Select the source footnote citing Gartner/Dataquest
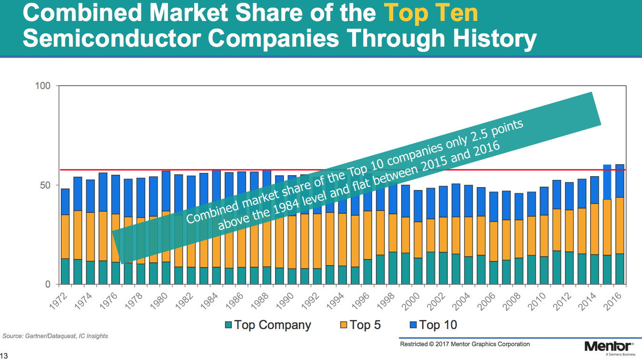(55, 336)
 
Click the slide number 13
(4, 355)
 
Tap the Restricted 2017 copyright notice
(464, 344)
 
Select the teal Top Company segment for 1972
(65, 271)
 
